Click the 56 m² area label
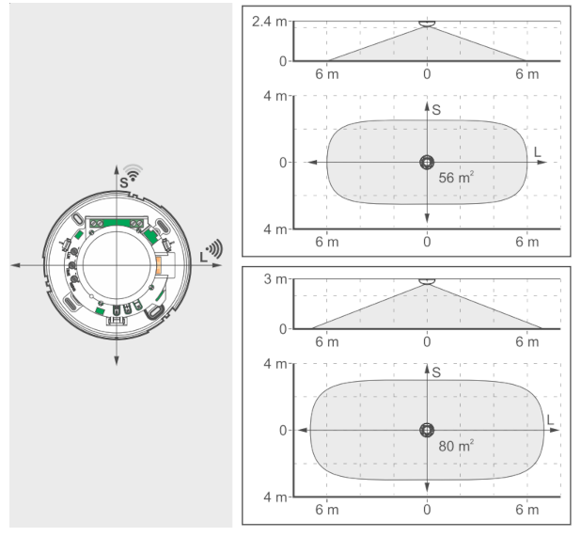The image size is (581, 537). point(456,177)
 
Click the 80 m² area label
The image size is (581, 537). point(456,446)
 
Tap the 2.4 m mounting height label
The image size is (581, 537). point(270,22)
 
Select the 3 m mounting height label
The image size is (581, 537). point(275,279)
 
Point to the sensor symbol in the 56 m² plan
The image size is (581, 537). point(427,163)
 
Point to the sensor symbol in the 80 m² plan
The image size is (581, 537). point(427,431)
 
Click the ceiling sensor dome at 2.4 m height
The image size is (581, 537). point(427,24)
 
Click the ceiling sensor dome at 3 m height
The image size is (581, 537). point(427,281)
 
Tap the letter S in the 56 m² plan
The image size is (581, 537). point(436,110)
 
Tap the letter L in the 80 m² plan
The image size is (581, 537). point(550,419)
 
